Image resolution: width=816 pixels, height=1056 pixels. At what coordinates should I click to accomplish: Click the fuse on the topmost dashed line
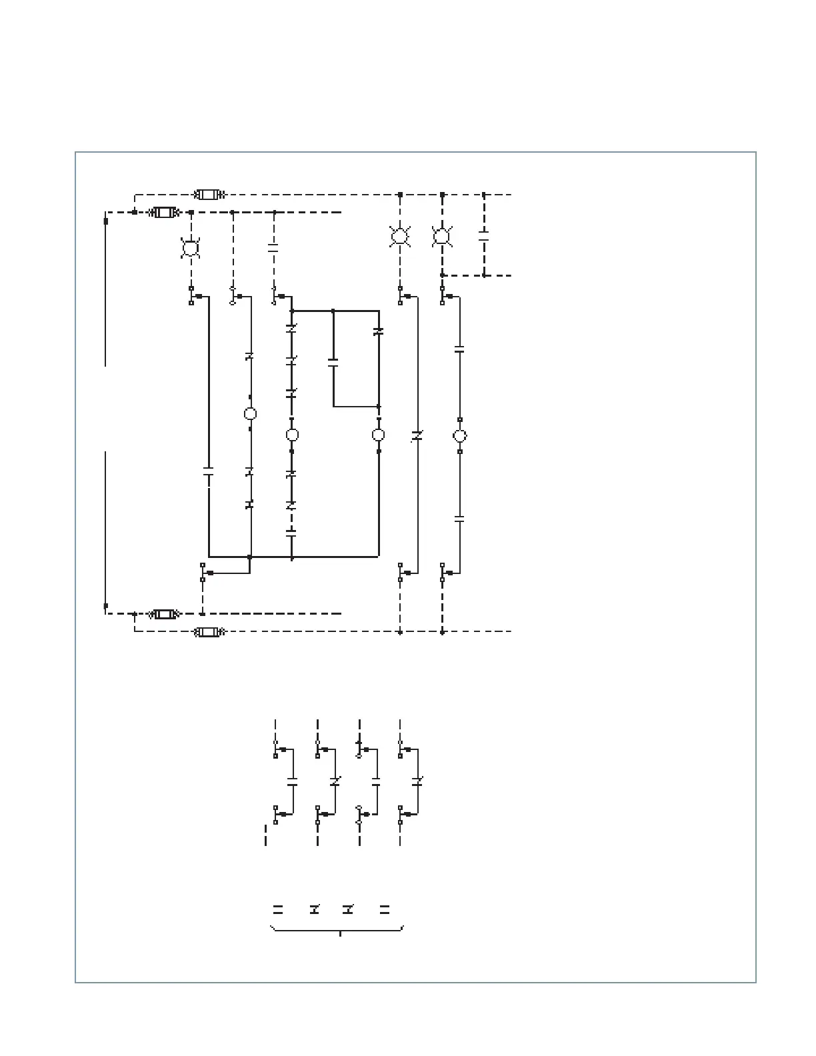point(209,195)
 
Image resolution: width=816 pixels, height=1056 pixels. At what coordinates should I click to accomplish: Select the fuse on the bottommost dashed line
point(209,631)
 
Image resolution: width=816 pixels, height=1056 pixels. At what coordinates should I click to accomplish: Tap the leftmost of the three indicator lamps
point(191,249)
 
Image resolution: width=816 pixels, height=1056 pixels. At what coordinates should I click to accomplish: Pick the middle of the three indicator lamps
point(399,236)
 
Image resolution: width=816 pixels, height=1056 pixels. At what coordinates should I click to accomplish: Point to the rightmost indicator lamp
point(441,236)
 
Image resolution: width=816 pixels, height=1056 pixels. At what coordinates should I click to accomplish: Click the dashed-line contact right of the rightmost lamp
point(484,235)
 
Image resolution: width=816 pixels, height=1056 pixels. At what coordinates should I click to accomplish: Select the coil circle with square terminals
point(459,436)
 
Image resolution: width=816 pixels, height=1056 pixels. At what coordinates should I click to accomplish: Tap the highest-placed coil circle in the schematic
point(250,414)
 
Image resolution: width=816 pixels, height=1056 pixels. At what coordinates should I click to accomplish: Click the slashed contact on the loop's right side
point(379,331)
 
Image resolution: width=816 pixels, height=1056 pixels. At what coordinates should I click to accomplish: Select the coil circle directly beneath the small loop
point(378,435)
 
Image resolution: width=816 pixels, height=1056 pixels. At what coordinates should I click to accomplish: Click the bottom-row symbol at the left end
point(278,909)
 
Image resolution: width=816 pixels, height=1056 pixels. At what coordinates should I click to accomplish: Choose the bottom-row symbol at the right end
point(385,909)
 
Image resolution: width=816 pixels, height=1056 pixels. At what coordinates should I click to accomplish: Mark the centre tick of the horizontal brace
point(340,934)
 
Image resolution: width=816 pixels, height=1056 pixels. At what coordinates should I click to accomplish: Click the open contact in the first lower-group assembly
point(292,781)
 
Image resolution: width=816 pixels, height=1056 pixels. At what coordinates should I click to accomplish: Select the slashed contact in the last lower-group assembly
point(418,781)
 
